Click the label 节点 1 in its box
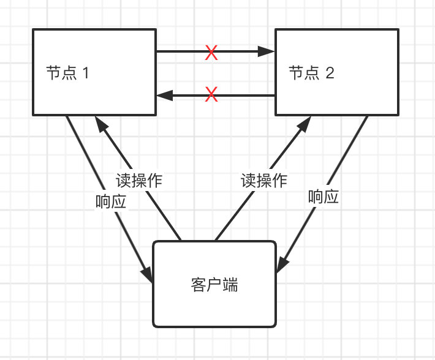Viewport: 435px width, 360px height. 68,73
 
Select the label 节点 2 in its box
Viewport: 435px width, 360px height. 311,73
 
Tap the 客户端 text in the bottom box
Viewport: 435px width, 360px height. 214,285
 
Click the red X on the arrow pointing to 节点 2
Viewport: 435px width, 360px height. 211,53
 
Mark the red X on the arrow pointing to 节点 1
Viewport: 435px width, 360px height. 211,95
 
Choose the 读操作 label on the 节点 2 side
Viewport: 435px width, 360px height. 263,181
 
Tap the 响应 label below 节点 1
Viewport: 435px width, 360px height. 111,202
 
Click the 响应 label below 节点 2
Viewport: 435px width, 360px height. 323,197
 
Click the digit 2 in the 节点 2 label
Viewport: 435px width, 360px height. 330,73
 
